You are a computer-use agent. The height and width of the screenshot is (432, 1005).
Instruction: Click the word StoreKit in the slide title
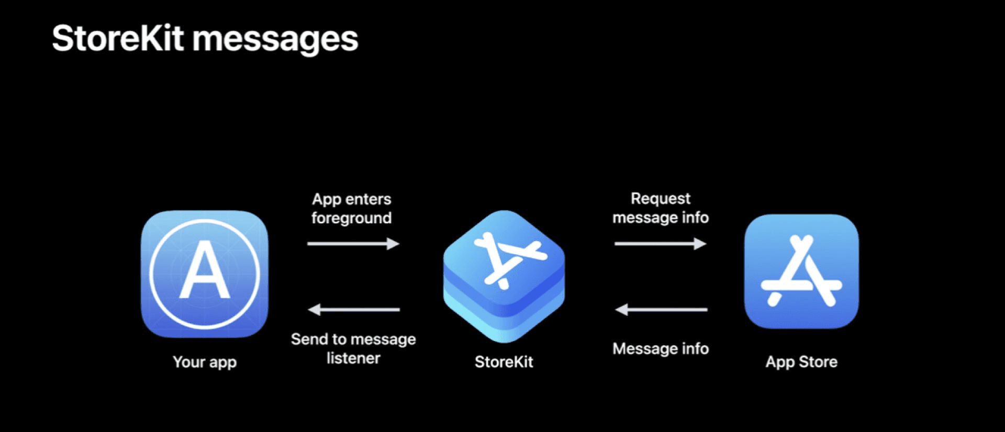click(118, 39)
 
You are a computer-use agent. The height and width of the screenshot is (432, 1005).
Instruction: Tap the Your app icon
click(205, 274)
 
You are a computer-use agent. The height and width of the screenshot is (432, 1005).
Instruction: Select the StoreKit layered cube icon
click(504, 276)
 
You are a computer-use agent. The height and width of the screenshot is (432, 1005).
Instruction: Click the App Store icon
click(801, 271)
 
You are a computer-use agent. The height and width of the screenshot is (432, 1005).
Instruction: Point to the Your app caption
click(205, 362)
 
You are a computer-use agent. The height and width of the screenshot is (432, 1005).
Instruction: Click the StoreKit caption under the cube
click(504, 362)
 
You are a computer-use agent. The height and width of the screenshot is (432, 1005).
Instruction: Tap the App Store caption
click(801, 362)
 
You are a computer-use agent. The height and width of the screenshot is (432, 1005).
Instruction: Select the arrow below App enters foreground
click(353, 244)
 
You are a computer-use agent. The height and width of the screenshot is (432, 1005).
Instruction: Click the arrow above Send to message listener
click(353, 310)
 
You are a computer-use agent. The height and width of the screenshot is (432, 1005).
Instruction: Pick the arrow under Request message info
click(661, 244)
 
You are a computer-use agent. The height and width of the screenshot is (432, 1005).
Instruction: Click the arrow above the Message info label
click(661, 310)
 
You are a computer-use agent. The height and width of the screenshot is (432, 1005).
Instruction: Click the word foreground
click(351, 218)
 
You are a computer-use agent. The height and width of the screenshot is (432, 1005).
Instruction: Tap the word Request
click(661, 199)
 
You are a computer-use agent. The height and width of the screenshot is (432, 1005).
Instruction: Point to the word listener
click(353, 358)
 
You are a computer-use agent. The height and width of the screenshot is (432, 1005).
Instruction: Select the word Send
click(309, 339)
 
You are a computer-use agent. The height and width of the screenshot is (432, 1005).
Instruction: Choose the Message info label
click(661, 349)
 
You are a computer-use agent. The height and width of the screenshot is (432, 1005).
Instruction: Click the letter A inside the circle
click(205, 271)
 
